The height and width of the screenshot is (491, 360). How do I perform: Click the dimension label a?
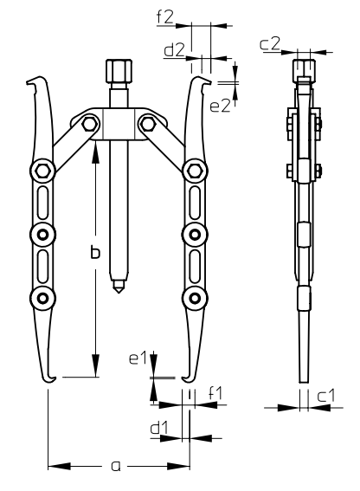click(116, 466)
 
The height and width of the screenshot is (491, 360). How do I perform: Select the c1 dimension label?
click(325, 396)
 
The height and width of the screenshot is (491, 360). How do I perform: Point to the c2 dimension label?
click(269, 44)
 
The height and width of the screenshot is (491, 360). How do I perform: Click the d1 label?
click(159, 428)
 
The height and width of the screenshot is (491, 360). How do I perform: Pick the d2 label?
click(174, 50)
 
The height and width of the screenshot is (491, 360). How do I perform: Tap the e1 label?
click(138, 359)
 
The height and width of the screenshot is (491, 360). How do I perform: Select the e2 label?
click(220, 107)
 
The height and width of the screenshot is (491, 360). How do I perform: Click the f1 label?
click(215, 393)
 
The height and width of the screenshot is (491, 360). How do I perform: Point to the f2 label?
click(165, 17)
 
